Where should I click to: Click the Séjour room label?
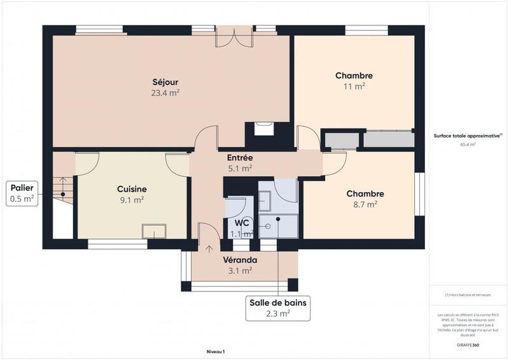(x=165, y=82)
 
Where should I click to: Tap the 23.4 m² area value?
(x=165, y=93)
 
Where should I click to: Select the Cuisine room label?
(x=132, y=189)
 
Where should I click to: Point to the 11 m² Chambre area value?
(x=354, y=87)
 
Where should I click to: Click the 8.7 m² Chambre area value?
(x=365, y=204)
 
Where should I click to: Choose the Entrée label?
(x=240, y=158)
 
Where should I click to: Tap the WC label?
(x=242, y=223)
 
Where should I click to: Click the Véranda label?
(x=240, y=260)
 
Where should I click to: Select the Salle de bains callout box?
(x=277, y=308)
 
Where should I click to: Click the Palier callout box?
(x=22, y=193)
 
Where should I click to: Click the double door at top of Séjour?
(x=234, y=36)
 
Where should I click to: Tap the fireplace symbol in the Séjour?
(x=263, y=128)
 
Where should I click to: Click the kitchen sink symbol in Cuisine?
(x=153, y=230)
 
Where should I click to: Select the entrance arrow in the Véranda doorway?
(x=209, y=248)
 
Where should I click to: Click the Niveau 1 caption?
(x=216, y=351)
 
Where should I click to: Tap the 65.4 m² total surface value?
(x=468, y=144)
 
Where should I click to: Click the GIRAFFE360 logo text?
(x=468, y=345)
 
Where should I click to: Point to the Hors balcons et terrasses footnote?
(x=468, y=294)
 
